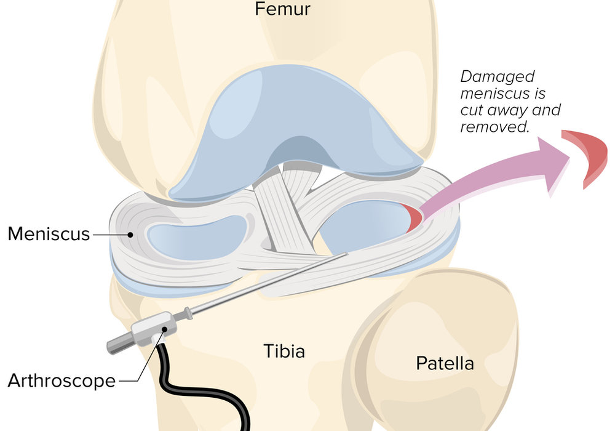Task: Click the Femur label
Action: pyautogui.click(x=282, y=9)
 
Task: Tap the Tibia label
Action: pyautogui.click(x=284, y=351)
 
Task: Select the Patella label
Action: pyautogui.click(x=445, y=363)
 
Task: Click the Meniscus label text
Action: pyautogui.click(x=49, y=233)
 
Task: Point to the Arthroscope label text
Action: pyautogui.click(x=61, y=381)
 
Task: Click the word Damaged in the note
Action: pyautogui.click(x=498, y=76)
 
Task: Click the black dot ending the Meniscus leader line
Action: pyautogui.click(x=130, y=235)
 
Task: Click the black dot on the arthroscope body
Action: pyautogui.click(x=164, y=330)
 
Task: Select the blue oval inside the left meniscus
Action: pyautogui.click(x=197, y=238)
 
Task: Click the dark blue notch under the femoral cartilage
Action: pyautogui.click(x=299, y=151)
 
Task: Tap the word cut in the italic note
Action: pyautogui.click(x=472, y=110)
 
